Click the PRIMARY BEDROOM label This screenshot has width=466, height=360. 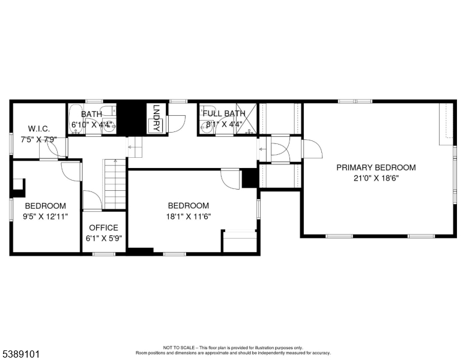[x=376, y=167]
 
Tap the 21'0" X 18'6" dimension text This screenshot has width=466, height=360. [x=376, y=179]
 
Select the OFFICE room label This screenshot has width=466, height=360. [x=103, y=228]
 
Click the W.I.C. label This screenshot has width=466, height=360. [x=39, y=129]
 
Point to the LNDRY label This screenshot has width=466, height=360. [x=156, y=118]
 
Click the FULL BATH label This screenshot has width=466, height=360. [x=224, y=113]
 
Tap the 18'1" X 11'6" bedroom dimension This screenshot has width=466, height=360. [x=189, y=217]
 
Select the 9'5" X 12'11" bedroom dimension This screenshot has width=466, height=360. [x=46, y=217]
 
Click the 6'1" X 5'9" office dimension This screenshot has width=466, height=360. [x=104, y=239]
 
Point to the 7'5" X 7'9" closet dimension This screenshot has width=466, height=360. [x=38, y=140]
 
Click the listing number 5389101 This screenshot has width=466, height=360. [x=21, y=354]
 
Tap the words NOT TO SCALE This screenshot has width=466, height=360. [x=178, y=347]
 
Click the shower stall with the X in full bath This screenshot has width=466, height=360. [x=246, y=119]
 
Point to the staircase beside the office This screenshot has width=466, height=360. [x=115, y=184]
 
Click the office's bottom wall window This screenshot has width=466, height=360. [x=104, y=254]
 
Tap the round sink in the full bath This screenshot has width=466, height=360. [x=205, y=128]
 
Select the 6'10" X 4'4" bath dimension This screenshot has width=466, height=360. [x=92, y=124]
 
